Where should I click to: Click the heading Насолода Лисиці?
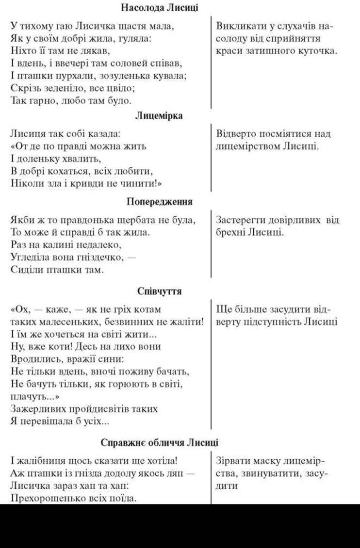coord(159,8)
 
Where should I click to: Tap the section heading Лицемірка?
coord(159,116)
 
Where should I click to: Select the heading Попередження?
coord(159,202)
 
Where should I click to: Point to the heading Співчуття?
coord(159,291)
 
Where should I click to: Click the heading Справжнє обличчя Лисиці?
coord(159,443)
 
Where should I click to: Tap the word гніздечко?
coord(99,258)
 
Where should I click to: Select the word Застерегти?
coord(241,220)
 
